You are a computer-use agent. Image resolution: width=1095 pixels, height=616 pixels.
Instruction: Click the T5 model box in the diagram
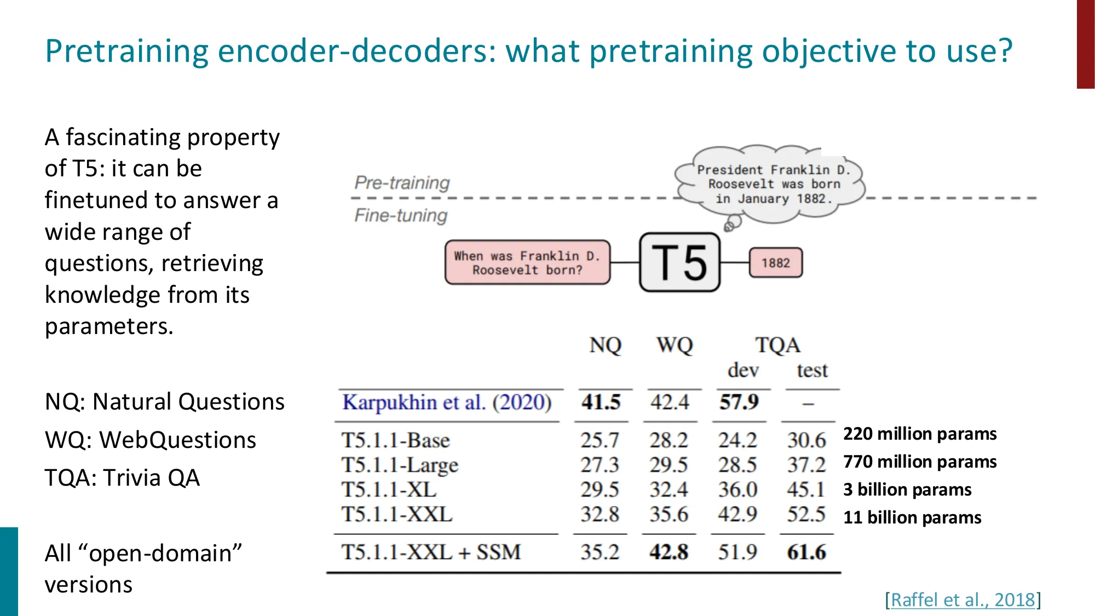coord(679,262)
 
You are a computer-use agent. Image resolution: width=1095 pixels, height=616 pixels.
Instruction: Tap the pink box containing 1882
coord(775,263)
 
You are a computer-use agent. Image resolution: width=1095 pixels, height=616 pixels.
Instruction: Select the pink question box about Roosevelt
coord(527,262)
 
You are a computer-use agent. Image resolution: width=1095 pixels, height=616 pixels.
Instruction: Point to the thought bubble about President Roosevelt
coord(772,185)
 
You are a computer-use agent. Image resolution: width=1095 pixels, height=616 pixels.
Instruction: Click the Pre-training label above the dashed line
coord(402,182)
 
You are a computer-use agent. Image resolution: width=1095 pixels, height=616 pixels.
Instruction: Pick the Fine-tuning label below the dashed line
coord(401,215)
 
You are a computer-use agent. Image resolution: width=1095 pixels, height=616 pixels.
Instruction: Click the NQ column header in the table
coord(605,345)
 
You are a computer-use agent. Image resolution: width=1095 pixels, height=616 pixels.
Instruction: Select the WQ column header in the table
coord(675,345)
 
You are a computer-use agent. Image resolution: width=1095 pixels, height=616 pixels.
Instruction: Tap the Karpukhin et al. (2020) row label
coord(447,402)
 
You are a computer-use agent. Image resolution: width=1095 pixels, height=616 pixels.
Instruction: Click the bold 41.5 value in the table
coord(601,402)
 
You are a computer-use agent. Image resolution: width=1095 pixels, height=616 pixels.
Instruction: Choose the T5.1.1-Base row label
coord(395,440)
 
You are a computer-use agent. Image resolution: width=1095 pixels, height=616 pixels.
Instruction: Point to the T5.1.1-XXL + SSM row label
coord(431,552)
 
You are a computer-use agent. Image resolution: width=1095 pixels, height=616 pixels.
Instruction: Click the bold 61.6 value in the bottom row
coord(806,552)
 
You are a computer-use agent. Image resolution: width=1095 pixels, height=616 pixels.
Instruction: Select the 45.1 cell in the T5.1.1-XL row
coord(806,490)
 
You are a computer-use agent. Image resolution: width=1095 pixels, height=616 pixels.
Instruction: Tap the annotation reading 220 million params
coord(920,434)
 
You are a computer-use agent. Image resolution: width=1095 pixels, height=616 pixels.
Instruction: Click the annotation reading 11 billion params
coord(912,517)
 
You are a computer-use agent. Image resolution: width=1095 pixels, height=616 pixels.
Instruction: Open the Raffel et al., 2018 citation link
coord(963,600)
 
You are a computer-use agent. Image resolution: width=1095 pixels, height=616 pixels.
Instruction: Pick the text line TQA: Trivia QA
coord(122,477)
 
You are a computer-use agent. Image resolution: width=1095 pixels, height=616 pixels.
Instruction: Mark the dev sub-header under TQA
coord(743,371)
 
